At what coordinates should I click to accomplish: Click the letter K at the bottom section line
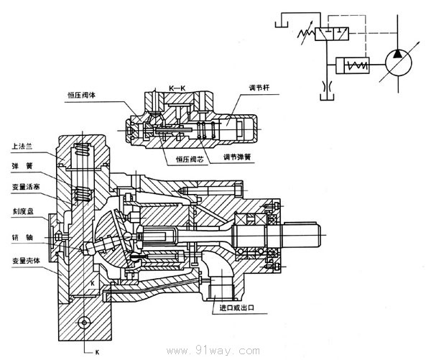pos(96,352)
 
